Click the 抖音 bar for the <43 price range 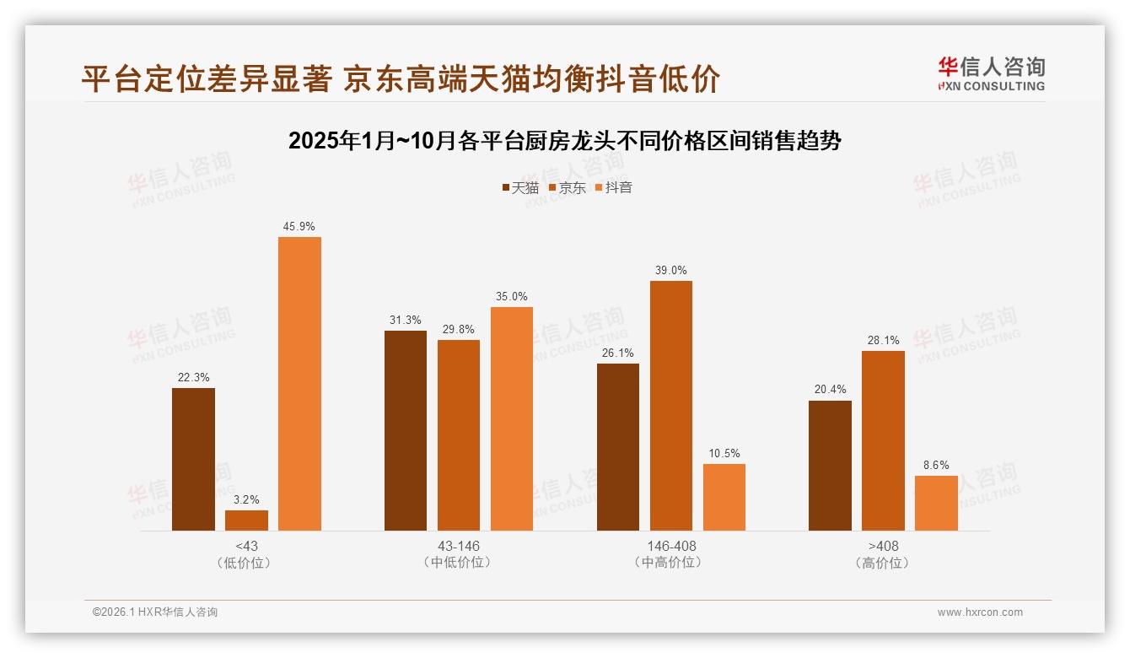click(x=299, y=384)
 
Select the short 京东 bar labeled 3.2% click(x=246, y=520)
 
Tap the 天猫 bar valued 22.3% click(x=193, y=459)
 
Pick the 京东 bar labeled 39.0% click(x=670, y=406)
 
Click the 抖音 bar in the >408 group click(x=936, y=503)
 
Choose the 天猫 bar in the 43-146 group click(x=406, y=430)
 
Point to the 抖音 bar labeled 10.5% click(x=724, y=497)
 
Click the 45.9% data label click(x=299, y=227)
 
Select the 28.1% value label click(x=883, y=341)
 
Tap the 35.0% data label click(x=512, y=297)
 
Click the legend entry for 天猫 click(x=520, y=188)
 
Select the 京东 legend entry click(x=568, y=188)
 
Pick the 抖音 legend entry click(x=614, y=188)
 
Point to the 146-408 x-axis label click(x=671, y=547)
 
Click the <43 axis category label click(x=246, y=547)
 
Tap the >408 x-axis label click(x=883, y=547)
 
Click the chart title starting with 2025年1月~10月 click(x=565, y=141)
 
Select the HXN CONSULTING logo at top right click(x=992, y=73)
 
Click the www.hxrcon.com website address click(x=980, y=612)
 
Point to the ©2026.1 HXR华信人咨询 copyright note click(x=155, y=612)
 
